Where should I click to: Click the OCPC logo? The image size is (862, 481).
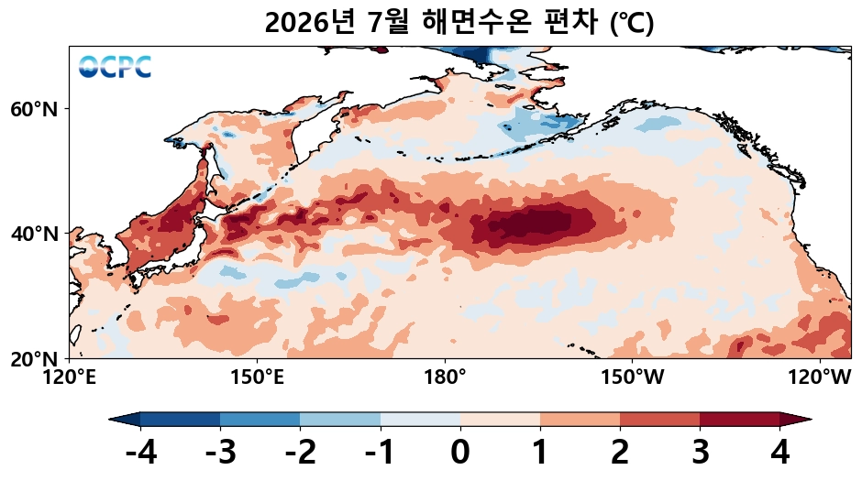coord(115,67)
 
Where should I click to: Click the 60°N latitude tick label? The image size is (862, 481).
coord(34,109)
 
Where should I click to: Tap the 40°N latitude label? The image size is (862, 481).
coord(34,234)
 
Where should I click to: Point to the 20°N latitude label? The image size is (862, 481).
coord(34,359)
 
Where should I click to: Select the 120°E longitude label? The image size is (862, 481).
coord(70,377)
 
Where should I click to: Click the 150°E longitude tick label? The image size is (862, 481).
coord(258,377)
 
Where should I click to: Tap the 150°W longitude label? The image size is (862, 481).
coord(632,377)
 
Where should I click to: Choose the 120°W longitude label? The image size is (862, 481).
coord(820,377)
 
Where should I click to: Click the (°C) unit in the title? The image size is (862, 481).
coord(632,23)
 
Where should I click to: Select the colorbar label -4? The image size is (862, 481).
coord(141,453)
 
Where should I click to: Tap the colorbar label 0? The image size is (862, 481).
coord(460,453)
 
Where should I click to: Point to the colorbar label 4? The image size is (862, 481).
coord(780,453)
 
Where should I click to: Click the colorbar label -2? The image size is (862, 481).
coord(301,453)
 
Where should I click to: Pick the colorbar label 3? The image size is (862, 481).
coord(701,453)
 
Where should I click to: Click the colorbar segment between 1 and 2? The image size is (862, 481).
coord(580,420)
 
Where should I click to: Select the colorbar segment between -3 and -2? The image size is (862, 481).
coord(260,420)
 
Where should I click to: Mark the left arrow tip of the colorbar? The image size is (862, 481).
coord(109,420)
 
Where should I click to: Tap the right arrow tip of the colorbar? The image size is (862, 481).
coord(812,420)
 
